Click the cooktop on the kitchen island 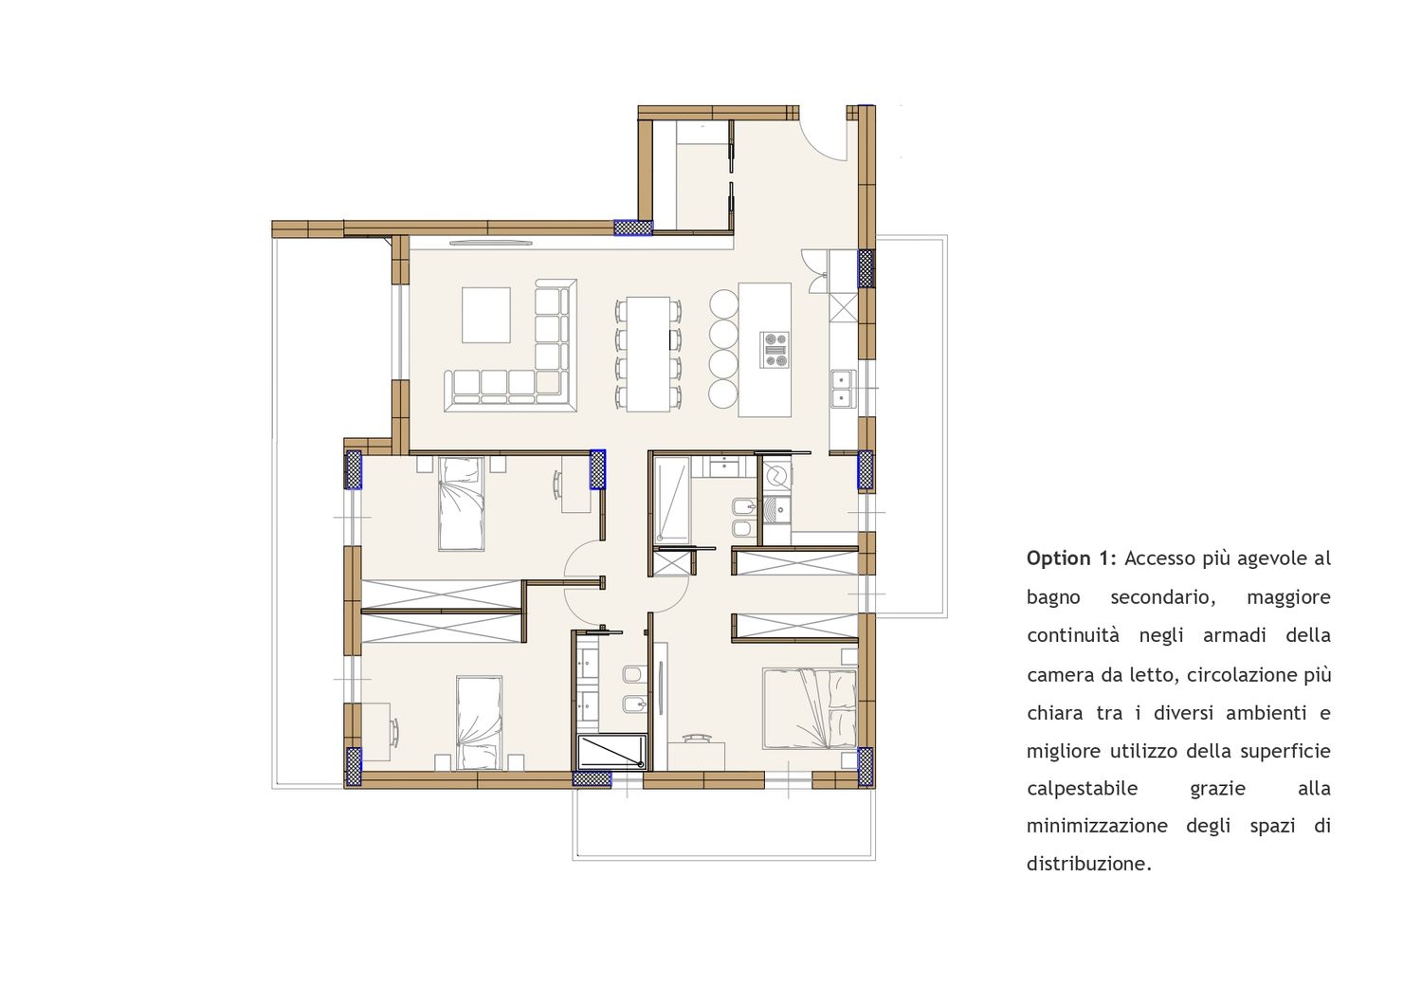point(775,350)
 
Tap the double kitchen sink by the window point(843,389)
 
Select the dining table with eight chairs point(647,354)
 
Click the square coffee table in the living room point(486,316)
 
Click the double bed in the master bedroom point(810,708)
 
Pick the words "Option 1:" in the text point(1071,558)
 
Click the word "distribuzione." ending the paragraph point(1088,864)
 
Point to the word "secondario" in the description point(1162,597)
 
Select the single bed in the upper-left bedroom point(462,504)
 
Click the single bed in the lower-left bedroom point(480,723)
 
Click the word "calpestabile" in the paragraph point(1083,789)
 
